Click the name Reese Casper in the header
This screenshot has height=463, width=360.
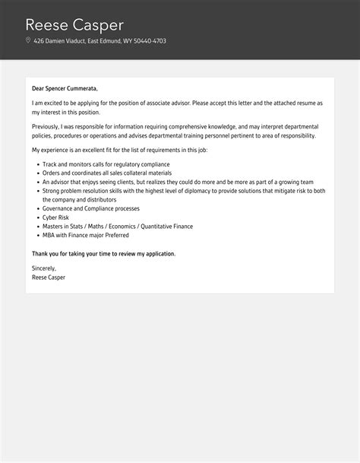74,24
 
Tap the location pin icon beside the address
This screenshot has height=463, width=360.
28,41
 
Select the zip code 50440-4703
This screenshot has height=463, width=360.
150,41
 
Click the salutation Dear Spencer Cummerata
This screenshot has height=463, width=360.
65,89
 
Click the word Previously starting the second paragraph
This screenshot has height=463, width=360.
48,125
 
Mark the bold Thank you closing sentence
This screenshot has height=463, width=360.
103,253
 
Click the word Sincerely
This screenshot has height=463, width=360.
44,268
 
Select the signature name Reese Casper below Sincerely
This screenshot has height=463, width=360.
49,277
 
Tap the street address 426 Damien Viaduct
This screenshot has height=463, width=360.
60,41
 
